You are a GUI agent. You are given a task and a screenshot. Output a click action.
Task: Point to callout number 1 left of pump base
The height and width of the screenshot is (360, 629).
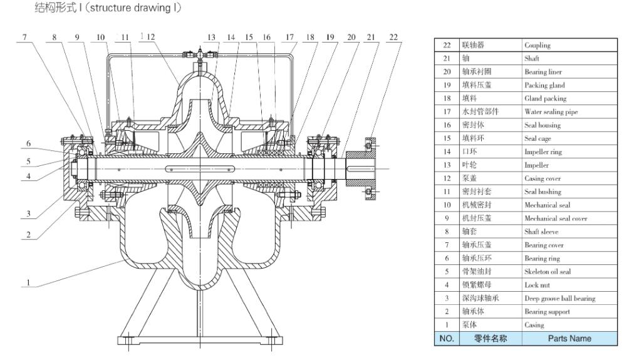28,282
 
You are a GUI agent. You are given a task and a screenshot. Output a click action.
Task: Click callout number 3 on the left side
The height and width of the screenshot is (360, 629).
28,214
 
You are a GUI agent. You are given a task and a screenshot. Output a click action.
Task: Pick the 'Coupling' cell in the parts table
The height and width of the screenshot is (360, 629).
539,46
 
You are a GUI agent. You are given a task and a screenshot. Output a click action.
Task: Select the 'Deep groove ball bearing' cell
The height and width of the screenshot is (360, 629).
559,297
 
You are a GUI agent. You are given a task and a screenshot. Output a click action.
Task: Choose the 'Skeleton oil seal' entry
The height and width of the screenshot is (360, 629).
548,271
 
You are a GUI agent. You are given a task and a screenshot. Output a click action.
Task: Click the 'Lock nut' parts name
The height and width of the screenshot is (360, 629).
537,284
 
